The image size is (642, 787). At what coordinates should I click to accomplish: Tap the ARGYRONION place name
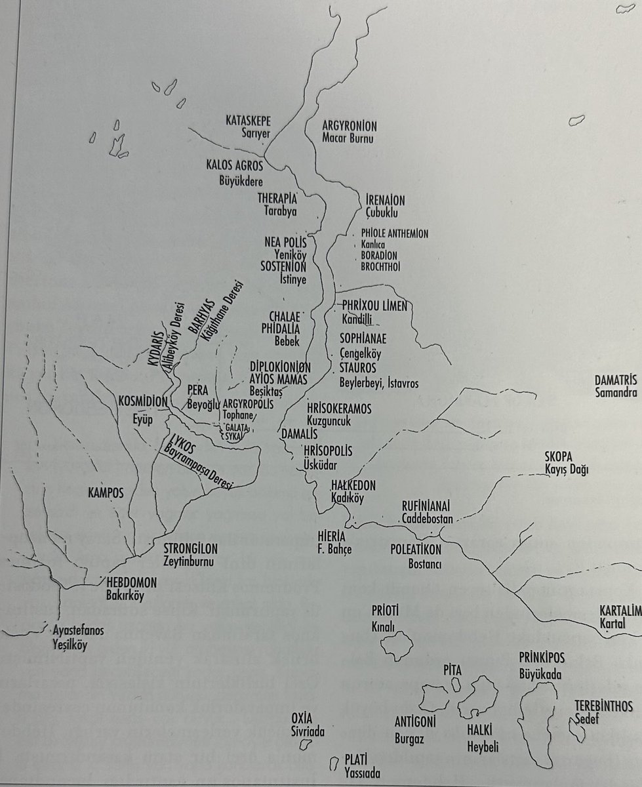(x=350, y=125)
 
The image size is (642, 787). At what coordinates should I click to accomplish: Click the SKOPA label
(x=559, y=456)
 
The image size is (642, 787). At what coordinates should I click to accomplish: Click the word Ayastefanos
(x=79, y=632)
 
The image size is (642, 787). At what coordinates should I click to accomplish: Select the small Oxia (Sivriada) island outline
(x=304, y=744)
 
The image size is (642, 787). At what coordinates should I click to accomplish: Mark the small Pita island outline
(x=455, y=683)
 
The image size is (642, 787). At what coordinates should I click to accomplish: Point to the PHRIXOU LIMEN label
(x=374, y=307)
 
